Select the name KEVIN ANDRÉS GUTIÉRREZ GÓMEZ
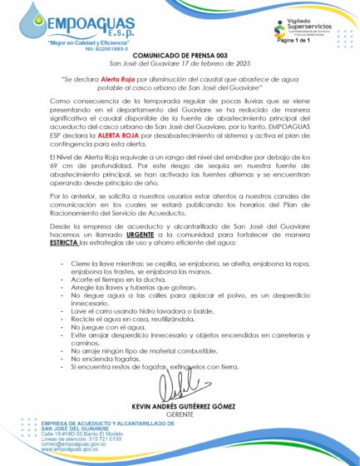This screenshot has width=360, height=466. pos(179,405)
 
